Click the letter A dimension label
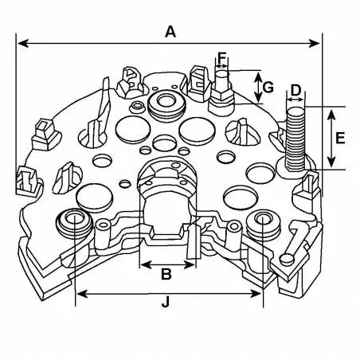click(170, 31)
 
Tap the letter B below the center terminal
click(166, 275)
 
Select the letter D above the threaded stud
click(295, 90)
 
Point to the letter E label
click(341, 138)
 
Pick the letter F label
click(222, 59)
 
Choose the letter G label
click(269, 86)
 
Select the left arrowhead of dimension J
click(80, 292)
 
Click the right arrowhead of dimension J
click(258, 292)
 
